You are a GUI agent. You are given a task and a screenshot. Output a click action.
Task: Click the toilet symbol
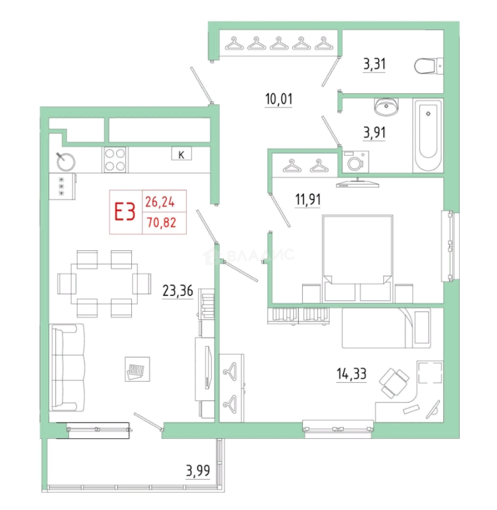(x=429, y=66)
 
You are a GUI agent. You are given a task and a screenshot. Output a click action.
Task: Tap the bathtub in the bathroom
(x=428, y=135)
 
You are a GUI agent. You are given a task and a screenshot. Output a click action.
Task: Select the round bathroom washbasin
(x=386, y=106)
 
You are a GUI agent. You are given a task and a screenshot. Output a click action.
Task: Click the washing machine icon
(x=355, y=161)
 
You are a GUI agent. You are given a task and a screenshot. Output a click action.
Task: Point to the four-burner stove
(x=115, y=160)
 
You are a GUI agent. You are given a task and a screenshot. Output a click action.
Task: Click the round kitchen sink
(x=66, y=161)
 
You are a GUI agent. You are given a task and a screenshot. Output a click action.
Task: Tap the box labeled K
(x=181, y=154)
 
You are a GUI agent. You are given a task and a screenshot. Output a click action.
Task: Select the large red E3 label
(x=125, y=212)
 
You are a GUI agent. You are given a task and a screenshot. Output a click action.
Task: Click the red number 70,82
(x=161, y=223)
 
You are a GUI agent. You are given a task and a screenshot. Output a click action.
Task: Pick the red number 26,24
(x=160, y=202)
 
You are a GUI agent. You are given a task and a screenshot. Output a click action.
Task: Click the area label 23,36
(x=178, y=290)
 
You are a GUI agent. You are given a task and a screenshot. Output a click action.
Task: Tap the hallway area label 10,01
(x=279, y=99)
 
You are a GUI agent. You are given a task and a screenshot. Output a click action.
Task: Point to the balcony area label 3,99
(x=198, y=471)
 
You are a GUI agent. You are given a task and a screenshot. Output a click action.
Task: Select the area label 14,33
(x=351, y=374)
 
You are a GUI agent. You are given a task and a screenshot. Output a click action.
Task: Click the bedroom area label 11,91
(x=308, y=199)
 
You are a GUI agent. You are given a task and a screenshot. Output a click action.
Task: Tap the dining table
(x=104, y=284)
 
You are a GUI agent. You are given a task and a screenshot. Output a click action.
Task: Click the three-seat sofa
(x=67, y=367)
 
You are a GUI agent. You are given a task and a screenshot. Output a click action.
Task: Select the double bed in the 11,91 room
(x=358, y=259)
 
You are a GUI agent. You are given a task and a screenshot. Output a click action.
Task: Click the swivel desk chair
(x=394, y=383)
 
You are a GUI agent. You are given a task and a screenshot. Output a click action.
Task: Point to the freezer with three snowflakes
(x=62, y=187)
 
